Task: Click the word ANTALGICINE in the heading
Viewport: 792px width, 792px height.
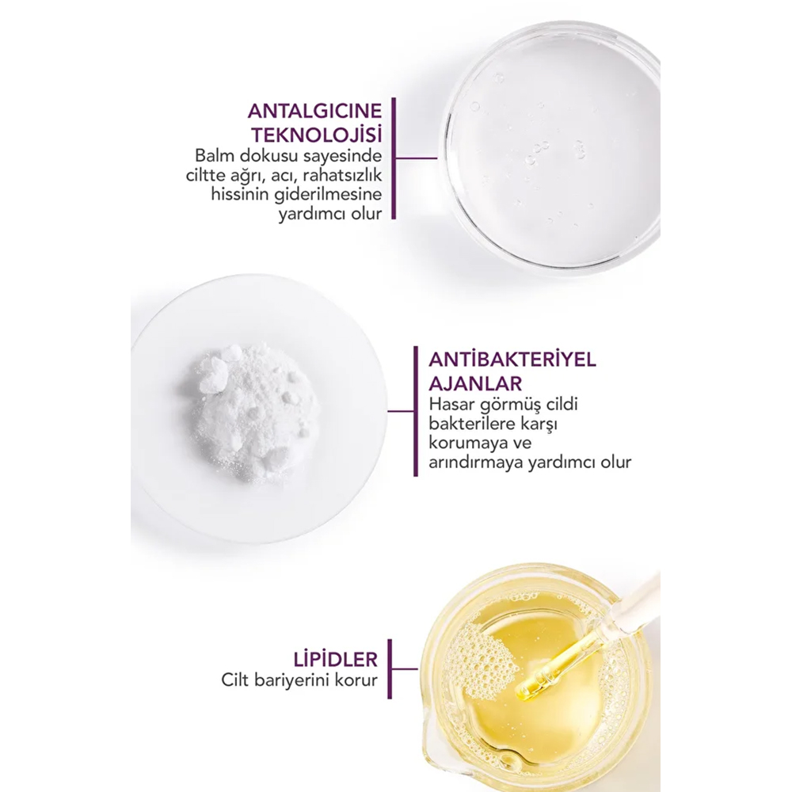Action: (314, 112)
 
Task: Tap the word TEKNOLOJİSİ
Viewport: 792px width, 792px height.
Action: (318, 135)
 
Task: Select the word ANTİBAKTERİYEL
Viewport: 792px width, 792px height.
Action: (512, 360)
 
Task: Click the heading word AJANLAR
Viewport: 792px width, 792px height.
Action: (468, 383)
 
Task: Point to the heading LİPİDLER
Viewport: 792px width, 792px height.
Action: (335, 659)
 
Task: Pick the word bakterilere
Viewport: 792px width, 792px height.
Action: (470, 423)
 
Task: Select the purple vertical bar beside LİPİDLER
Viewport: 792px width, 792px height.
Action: (390, 668)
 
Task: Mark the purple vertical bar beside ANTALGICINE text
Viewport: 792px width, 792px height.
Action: (394, 158)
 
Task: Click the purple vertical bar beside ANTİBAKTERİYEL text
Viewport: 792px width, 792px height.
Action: (416, 411)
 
